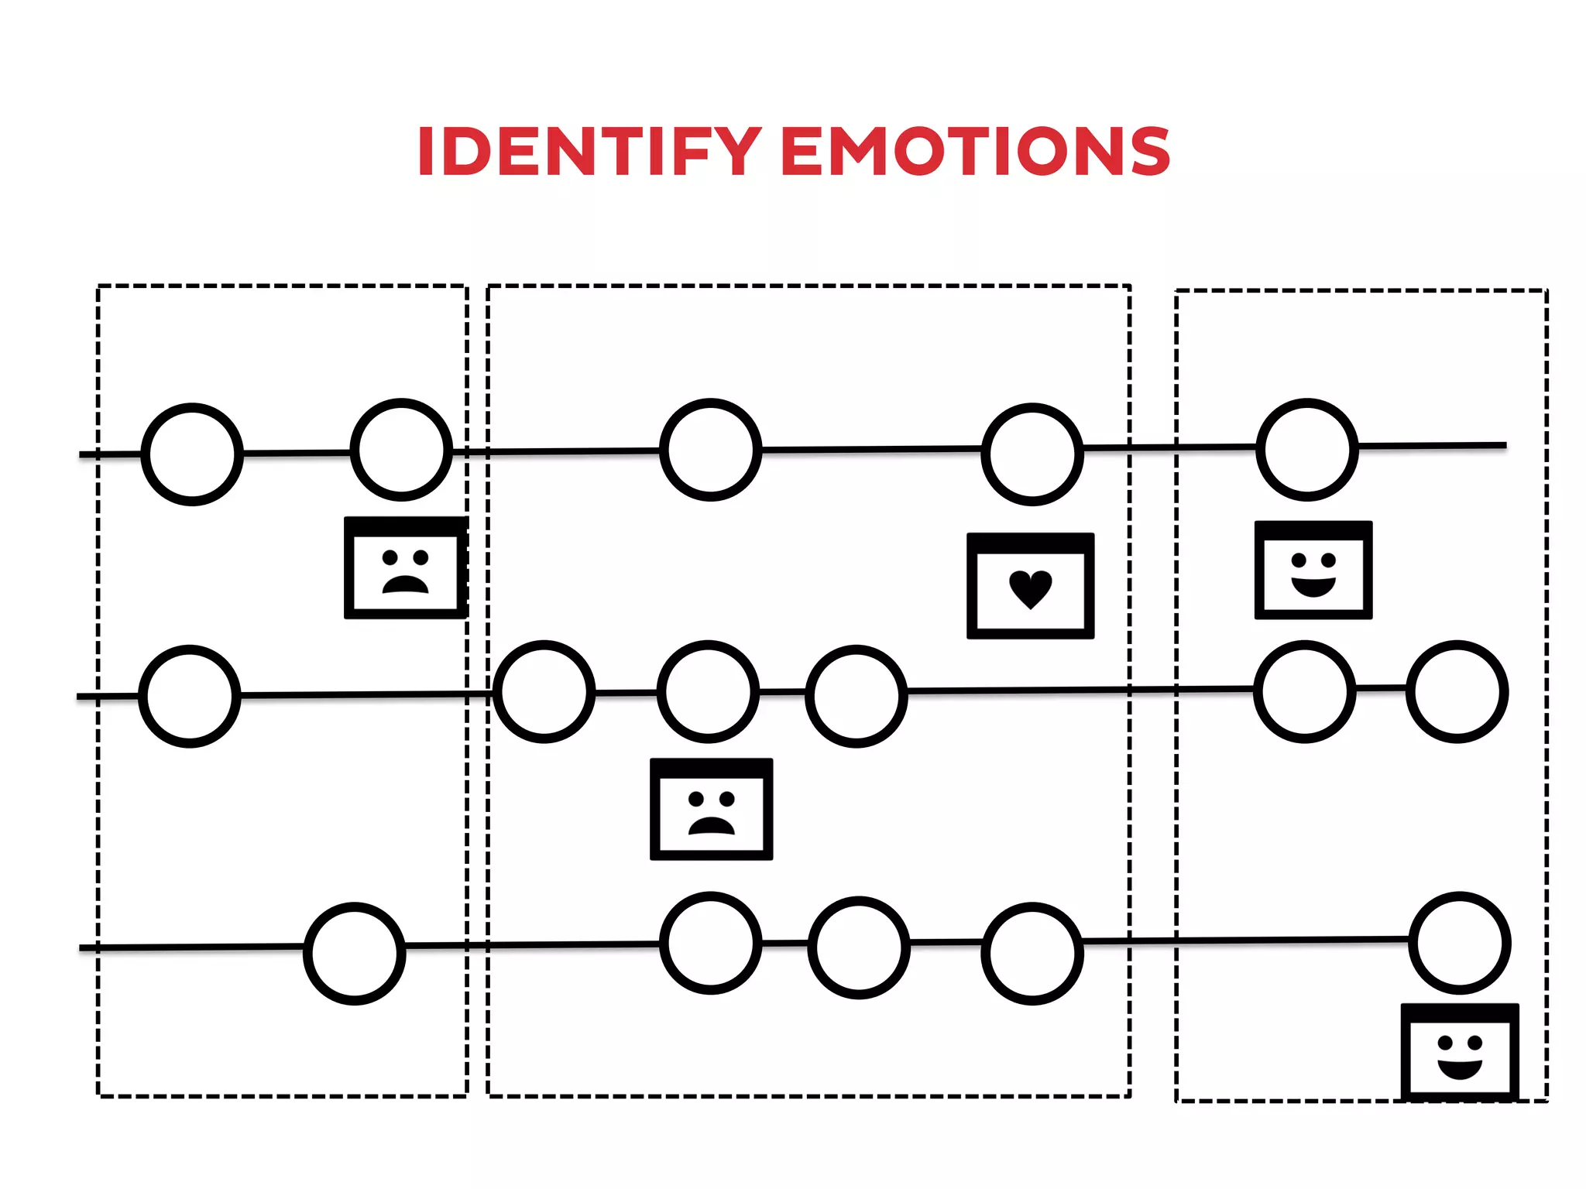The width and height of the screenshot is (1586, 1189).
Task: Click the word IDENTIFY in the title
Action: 589,152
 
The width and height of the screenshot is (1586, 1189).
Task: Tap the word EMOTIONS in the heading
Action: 976,152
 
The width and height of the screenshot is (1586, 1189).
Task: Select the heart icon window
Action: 1030,586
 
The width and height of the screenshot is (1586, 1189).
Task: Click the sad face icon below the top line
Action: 405,568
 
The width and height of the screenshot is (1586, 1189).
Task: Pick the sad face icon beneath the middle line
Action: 711,809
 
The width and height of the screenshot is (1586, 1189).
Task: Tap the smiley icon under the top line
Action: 1313,571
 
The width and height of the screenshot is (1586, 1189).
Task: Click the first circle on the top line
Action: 192,454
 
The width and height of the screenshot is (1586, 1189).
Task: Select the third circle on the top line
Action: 711,450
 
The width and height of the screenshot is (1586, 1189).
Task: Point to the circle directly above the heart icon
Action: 1032,454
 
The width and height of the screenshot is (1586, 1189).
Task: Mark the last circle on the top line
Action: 1307,450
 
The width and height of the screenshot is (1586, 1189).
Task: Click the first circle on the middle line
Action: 190,696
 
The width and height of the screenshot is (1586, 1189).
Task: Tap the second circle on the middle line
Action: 544,692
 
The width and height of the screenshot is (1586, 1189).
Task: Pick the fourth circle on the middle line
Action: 857,696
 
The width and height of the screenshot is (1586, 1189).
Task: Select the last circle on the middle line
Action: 1457,691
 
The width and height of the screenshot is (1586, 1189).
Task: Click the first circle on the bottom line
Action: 355,954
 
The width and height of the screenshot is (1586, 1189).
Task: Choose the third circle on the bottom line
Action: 859,947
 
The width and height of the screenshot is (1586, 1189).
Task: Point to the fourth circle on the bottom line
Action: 1032,954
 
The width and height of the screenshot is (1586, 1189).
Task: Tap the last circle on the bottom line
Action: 1460,943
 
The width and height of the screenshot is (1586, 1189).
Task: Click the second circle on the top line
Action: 401,450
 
